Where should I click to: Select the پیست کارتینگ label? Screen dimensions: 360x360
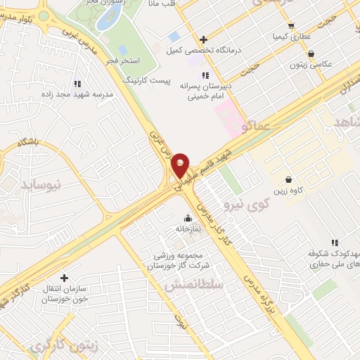147,82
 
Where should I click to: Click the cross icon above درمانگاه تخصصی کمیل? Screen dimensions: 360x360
204,39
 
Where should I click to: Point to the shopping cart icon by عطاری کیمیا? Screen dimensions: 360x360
291,26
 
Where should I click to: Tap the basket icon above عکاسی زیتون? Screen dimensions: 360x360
311,53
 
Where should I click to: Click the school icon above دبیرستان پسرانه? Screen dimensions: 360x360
205,75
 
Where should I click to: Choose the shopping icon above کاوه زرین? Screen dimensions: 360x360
288,179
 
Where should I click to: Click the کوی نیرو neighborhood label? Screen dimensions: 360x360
246,205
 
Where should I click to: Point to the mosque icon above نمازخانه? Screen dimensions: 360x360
187,217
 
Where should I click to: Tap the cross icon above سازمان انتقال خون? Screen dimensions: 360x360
65,278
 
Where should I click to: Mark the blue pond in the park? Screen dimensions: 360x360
107,19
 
